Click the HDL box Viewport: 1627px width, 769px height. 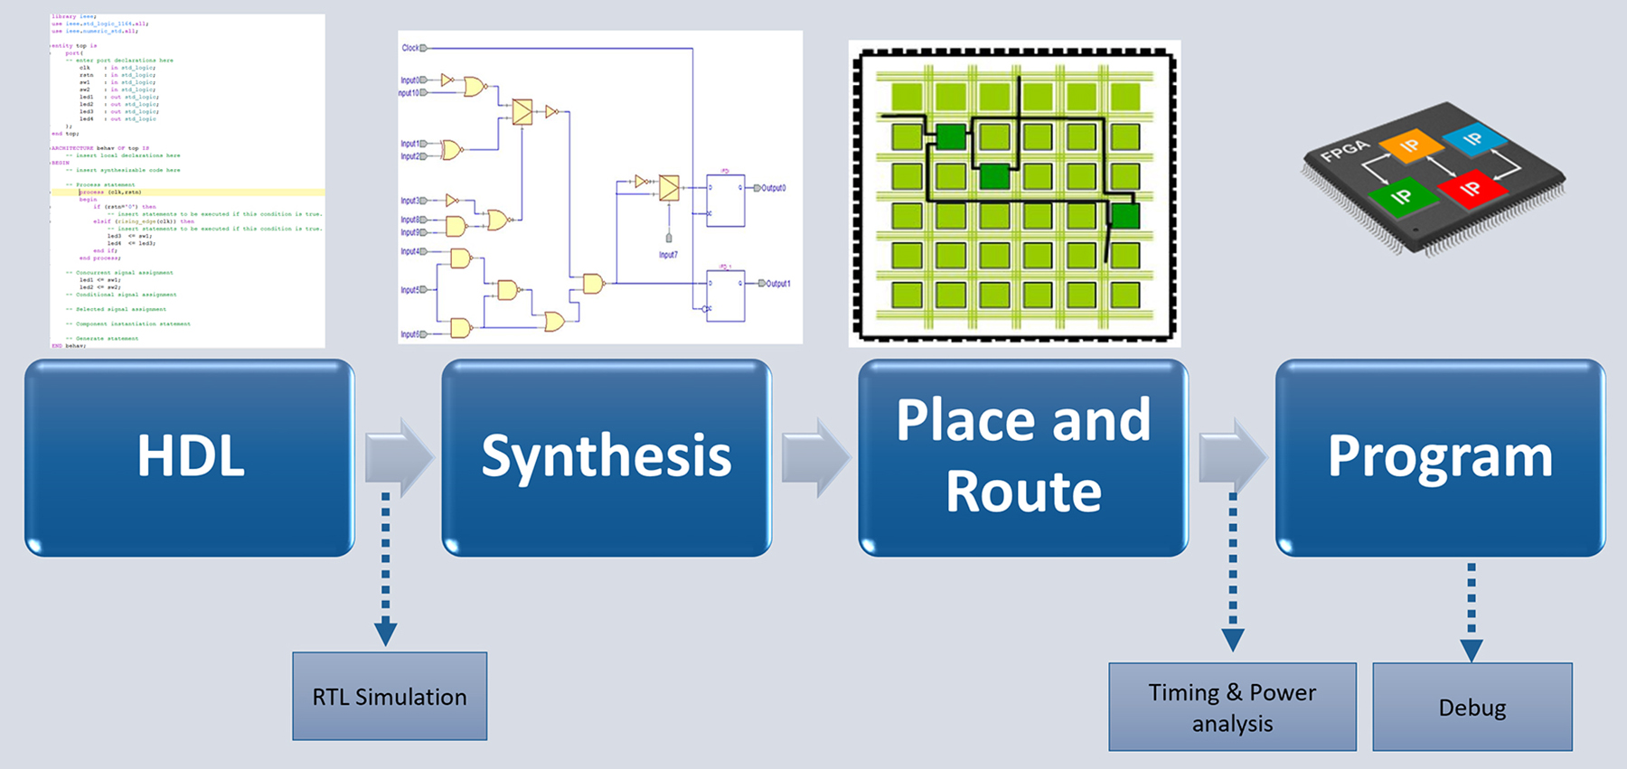(190, 456)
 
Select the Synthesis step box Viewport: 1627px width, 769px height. (606, 456)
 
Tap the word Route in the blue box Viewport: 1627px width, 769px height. (1023, 492)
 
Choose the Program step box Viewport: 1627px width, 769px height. (1440, 456)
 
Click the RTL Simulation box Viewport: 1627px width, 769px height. (390, 697)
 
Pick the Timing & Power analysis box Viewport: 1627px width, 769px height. (1232, 707)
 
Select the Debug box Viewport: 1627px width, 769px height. (1472, 707)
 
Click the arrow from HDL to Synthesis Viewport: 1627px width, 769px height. (399, 457)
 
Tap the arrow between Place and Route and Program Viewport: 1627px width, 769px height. (1232, 457)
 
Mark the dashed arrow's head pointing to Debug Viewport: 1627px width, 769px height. (1472, 649)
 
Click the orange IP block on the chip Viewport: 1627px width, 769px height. (1410, 145)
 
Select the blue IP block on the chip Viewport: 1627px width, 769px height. (1473, 138)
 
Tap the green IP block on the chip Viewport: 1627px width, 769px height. (1400, 196)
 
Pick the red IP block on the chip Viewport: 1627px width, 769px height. (1470, 188)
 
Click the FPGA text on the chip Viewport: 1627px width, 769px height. (1345, 150)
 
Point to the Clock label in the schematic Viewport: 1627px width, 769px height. (410, 48)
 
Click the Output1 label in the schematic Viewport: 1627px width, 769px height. (777, 284)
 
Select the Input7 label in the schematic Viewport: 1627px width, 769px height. (668, 255)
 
